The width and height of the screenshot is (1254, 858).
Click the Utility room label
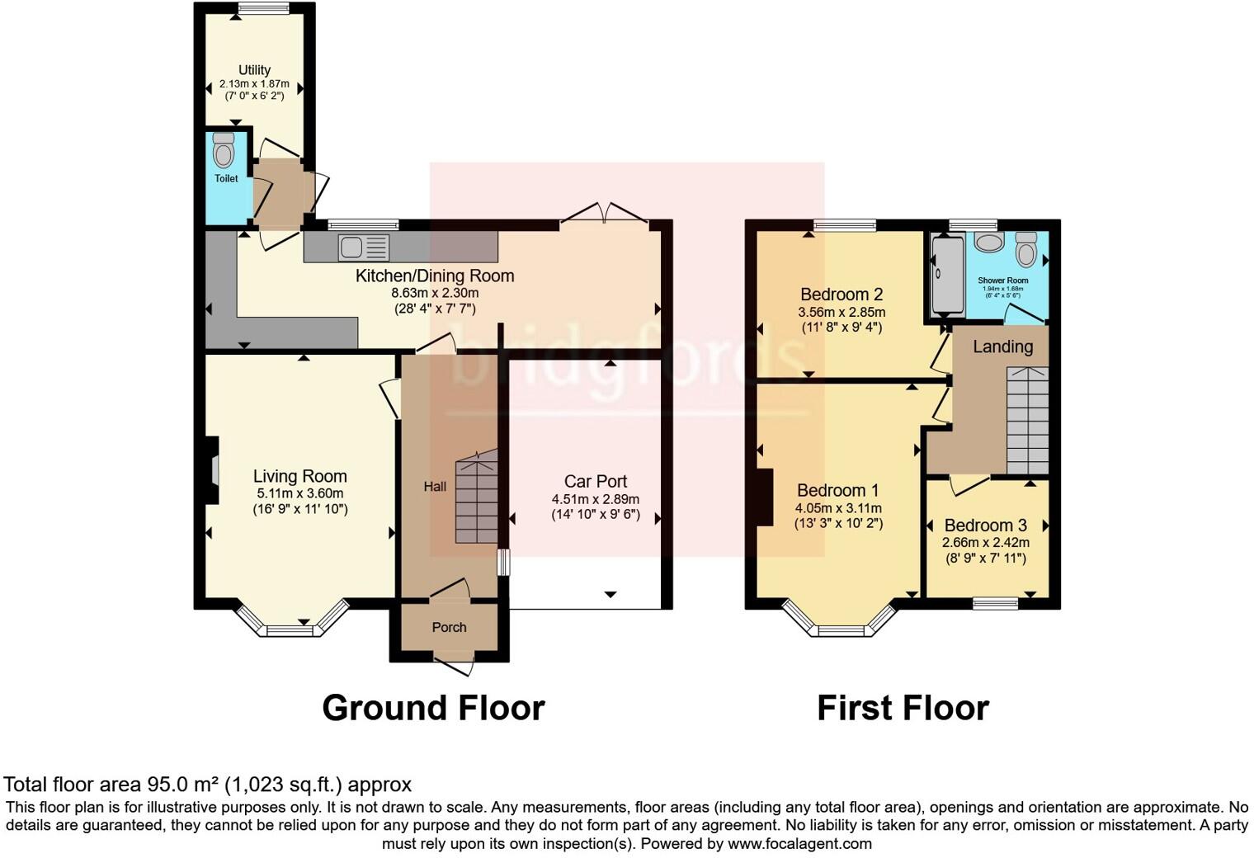254,70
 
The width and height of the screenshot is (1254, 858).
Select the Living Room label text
299,476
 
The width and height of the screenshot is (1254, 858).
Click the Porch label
449,627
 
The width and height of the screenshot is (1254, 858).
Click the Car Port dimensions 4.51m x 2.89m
595,499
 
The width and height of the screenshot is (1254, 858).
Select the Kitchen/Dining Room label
435,276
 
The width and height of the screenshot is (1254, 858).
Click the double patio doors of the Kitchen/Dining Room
604,213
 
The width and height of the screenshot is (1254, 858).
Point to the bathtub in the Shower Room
947,276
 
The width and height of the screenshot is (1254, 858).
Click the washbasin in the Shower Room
988,243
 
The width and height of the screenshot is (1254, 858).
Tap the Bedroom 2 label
841,295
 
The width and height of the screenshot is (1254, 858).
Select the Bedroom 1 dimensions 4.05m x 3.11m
838,508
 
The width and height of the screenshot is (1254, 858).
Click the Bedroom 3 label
985,526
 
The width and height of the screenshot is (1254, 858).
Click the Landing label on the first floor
1002,346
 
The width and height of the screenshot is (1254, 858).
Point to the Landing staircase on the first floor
1027,421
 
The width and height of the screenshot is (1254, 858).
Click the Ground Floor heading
433,708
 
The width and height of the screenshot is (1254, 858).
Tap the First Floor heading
903,708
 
